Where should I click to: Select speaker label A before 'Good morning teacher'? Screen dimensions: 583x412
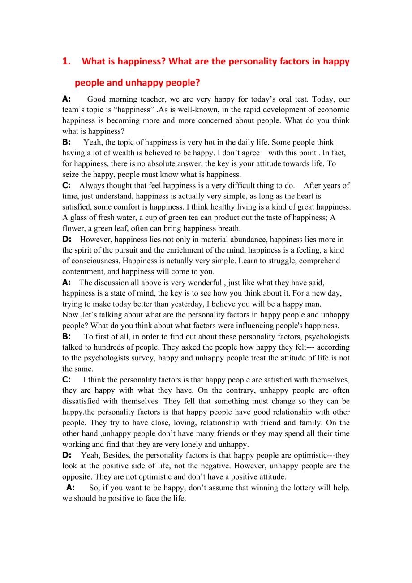pyautogui.click(x=66, y=99)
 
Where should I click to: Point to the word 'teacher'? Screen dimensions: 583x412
pyautogui.click(x=150, y=99)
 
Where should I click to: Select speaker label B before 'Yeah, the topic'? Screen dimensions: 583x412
pyautogui.click(x=66, y=142)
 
